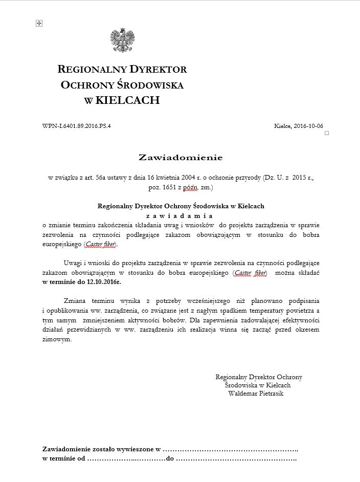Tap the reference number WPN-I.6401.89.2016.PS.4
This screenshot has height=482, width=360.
[77, 126]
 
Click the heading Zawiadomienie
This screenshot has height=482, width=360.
[181, 156]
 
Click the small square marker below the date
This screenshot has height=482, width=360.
[326, 133]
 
